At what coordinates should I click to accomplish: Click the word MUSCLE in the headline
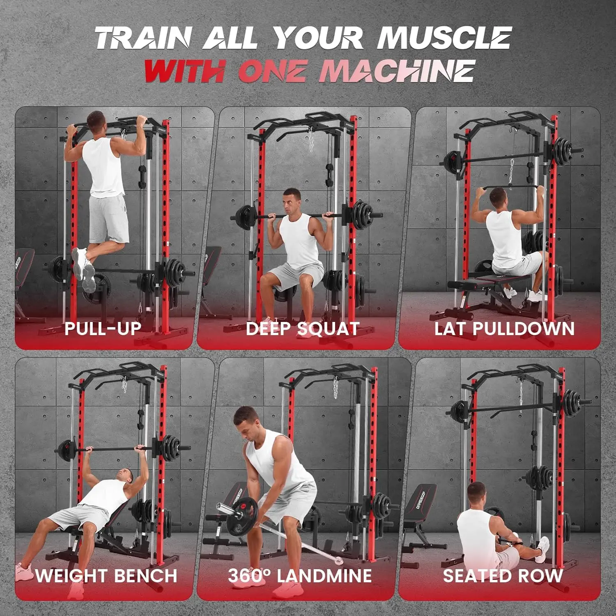click(x=444, y=38)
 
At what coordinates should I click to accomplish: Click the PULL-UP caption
click(x=103, y=328)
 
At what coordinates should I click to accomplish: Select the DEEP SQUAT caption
click(x=303, y=329)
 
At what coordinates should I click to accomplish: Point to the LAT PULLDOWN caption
click(x=504, y=329)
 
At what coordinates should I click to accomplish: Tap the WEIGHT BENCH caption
click(x=106, y=575)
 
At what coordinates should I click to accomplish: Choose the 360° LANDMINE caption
click(x=300, y=575)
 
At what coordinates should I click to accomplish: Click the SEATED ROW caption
click(x=503, y=575)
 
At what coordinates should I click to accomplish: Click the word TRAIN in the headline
click(x=144, y=38)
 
